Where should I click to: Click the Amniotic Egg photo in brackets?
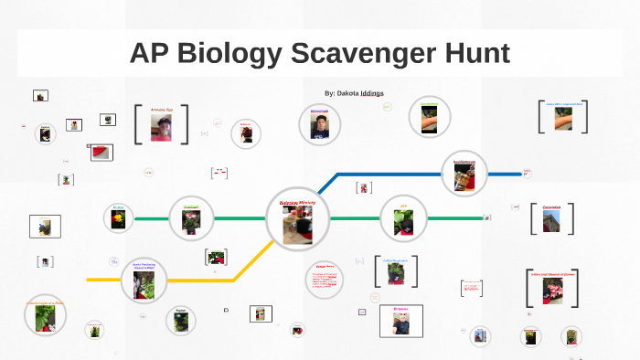162,126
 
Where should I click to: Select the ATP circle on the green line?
402,218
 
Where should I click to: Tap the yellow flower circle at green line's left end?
119,218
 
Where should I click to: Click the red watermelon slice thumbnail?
101,153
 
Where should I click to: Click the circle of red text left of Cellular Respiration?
324,278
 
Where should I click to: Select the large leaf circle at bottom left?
45,315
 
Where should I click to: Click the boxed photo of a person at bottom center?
400,321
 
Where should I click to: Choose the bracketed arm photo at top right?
563,120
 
